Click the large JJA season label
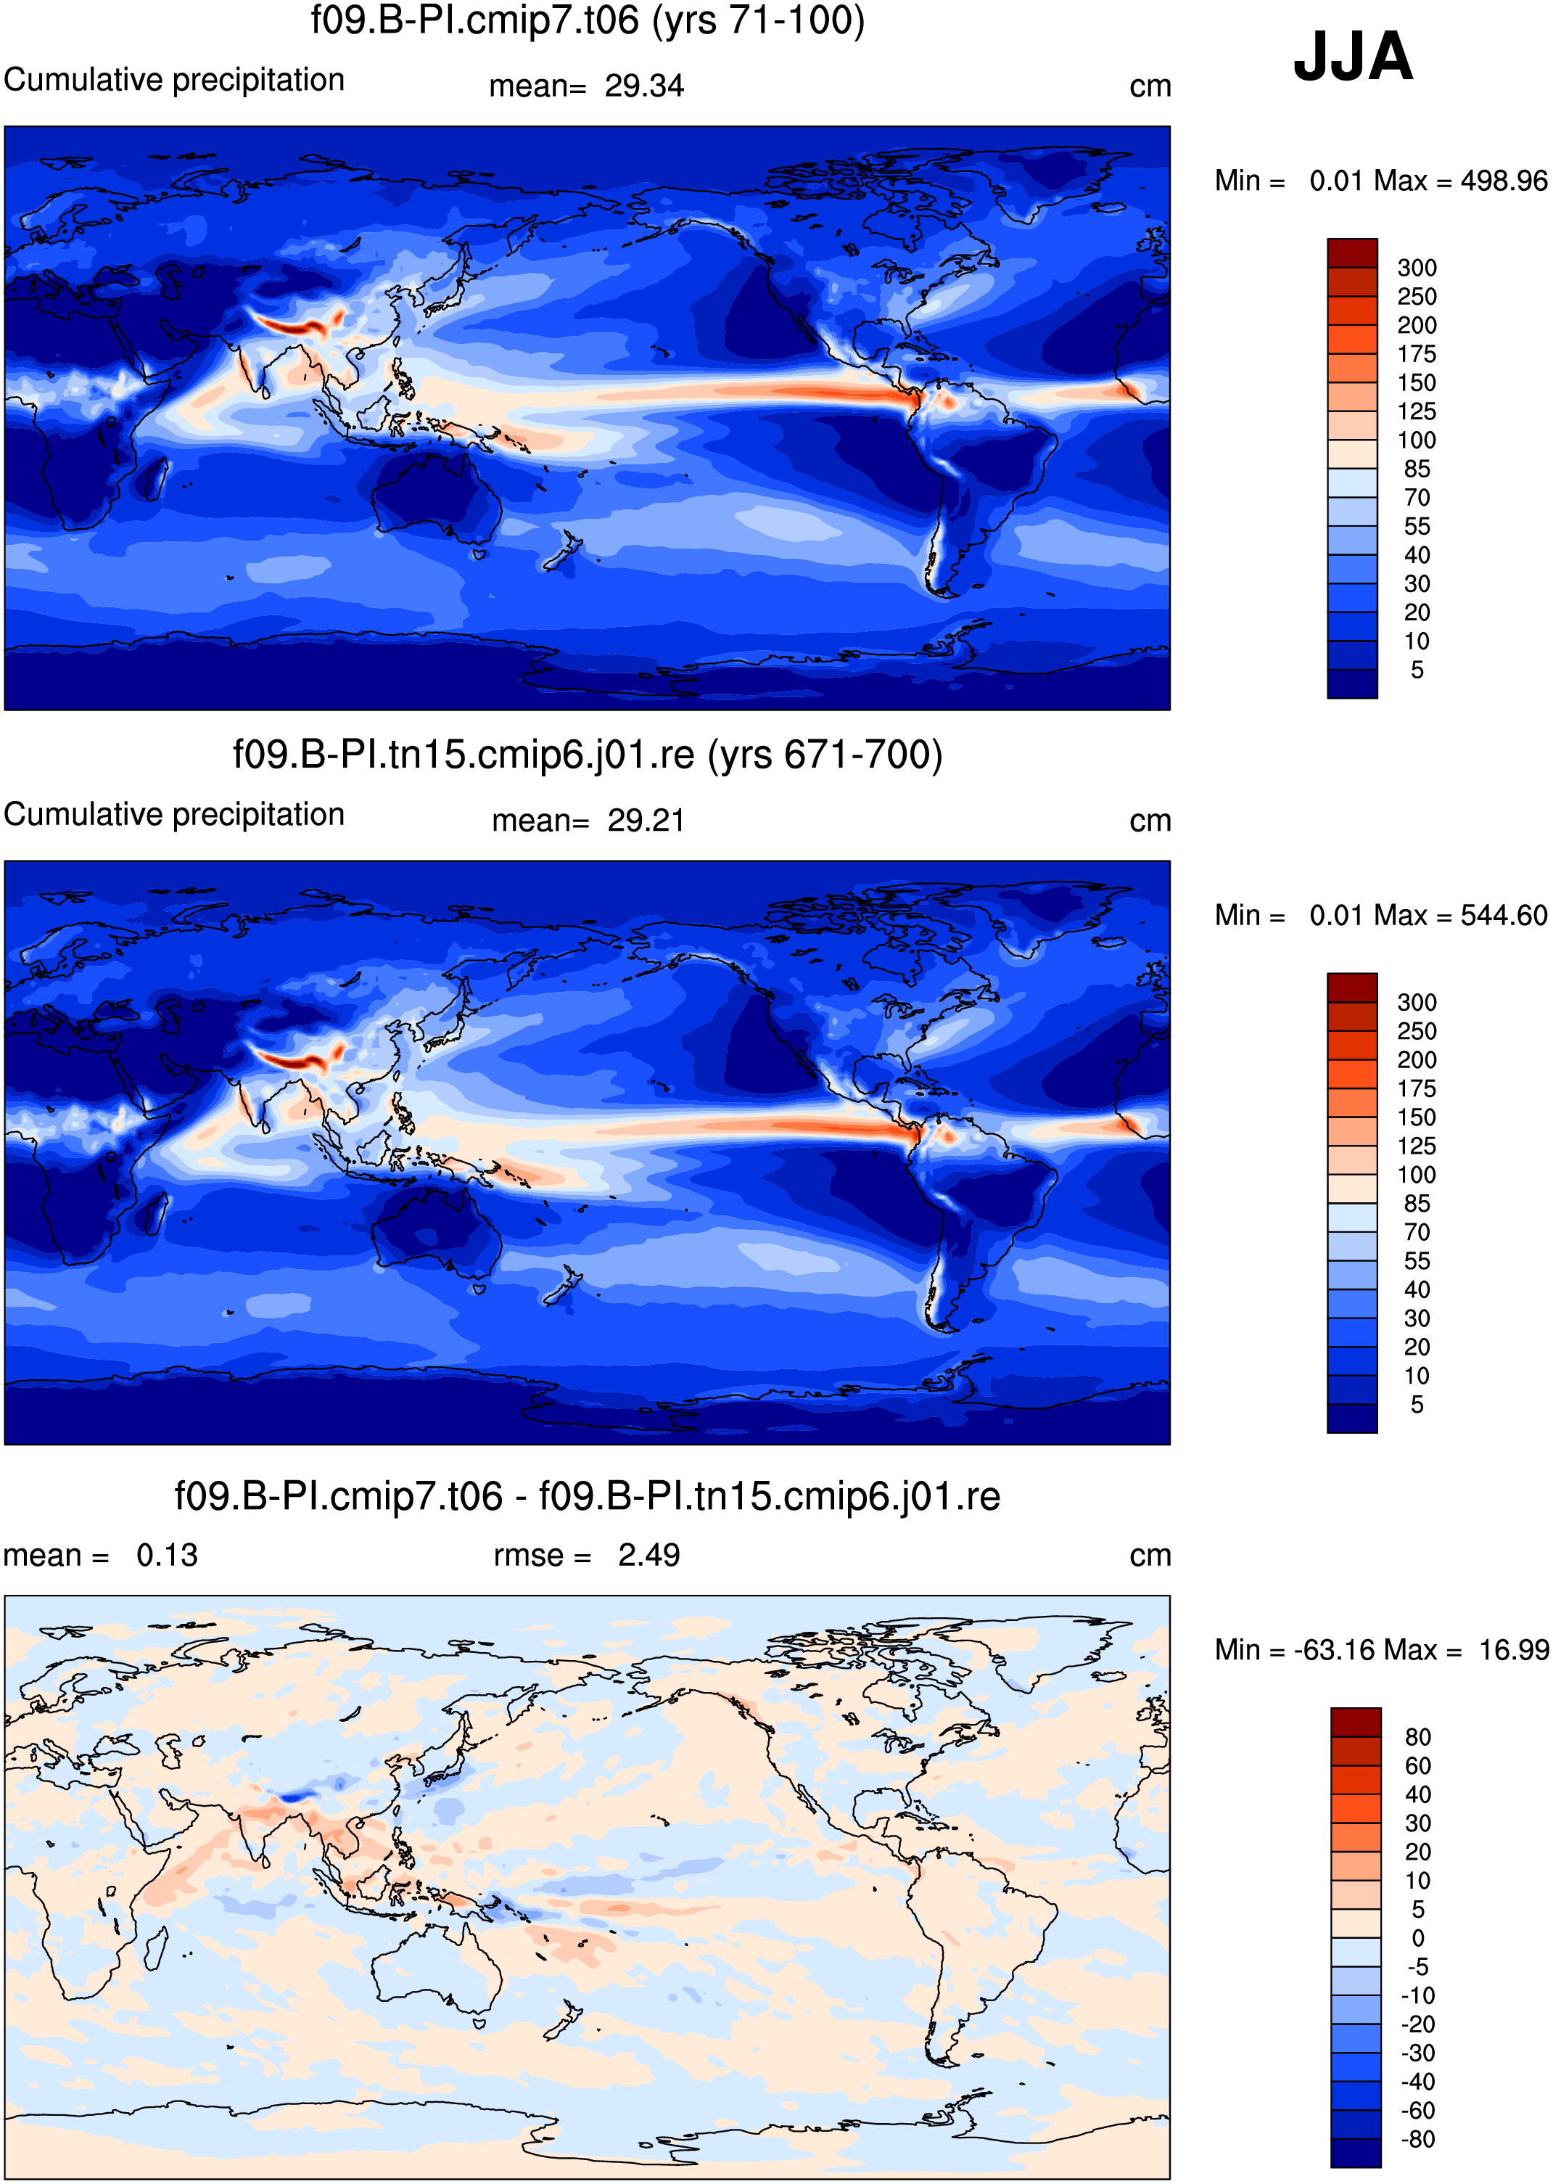click(1352, 57)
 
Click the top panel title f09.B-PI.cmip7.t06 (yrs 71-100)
click(587, 20)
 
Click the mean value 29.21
click(646, 821)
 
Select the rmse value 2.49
click(648, 1556)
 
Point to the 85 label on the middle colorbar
click(1417, 1204)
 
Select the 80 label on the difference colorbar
click(1418, 1737)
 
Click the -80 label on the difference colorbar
click(1418, 2139)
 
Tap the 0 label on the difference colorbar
click(1418, 1938)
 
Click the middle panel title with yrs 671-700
click(587, 755)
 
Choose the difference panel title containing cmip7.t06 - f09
click(587, 1496)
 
